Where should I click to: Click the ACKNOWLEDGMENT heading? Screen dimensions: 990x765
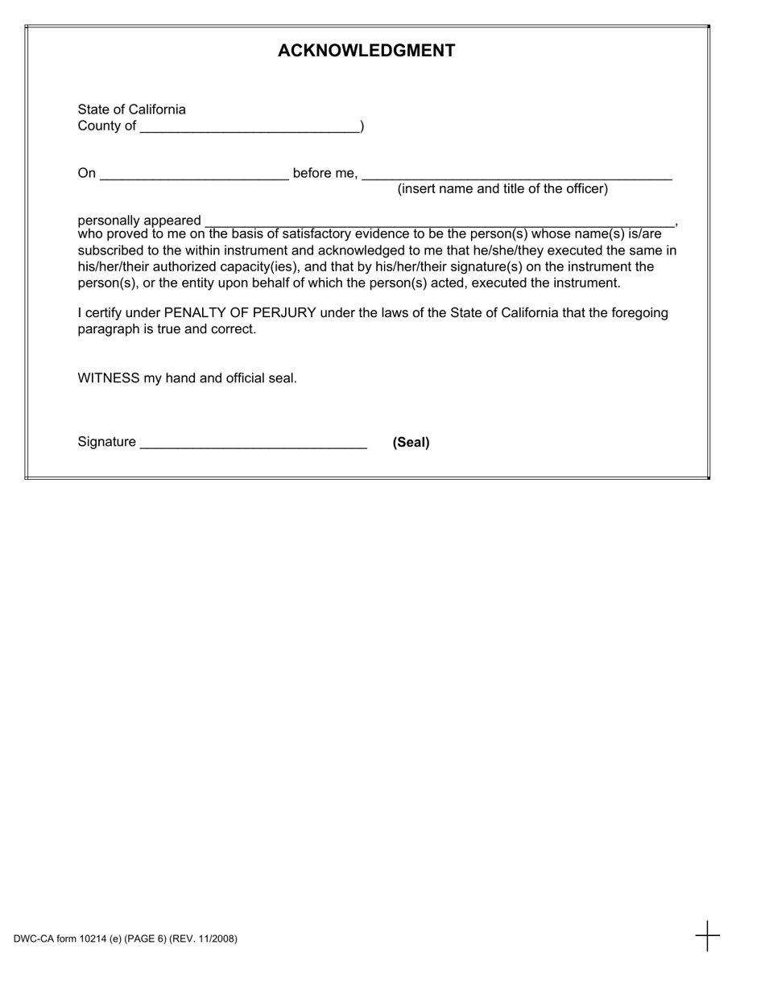pyautogui.click(x=366, y=52)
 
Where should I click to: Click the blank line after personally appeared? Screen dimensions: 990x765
pyautogui.click(x=440, y=222)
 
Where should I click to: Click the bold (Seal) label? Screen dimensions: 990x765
pyautogui.click(x=411, y=443)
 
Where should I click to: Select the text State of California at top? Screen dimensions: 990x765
pyautogui.click(x=131, y=109)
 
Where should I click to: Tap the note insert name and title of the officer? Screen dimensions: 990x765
pyautogui.click(x=502, y=189)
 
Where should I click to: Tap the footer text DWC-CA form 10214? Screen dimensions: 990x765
pyautogui.click(x=125, y=938)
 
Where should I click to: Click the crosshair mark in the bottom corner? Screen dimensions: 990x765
pyautogui.click(x=707, y=936)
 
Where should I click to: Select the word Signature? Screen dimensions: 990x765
pyautogui.click(x=106, y=442)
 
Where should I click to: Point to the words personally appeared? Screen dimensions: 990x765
pyautogui.click(x=139, y=221)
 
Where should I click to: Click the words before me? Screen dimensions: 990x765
pyautogui.click(x=325, y=173)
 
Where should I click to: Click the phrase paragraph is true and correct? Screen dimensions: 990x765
pyautogui.click(x=167, y=329)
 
